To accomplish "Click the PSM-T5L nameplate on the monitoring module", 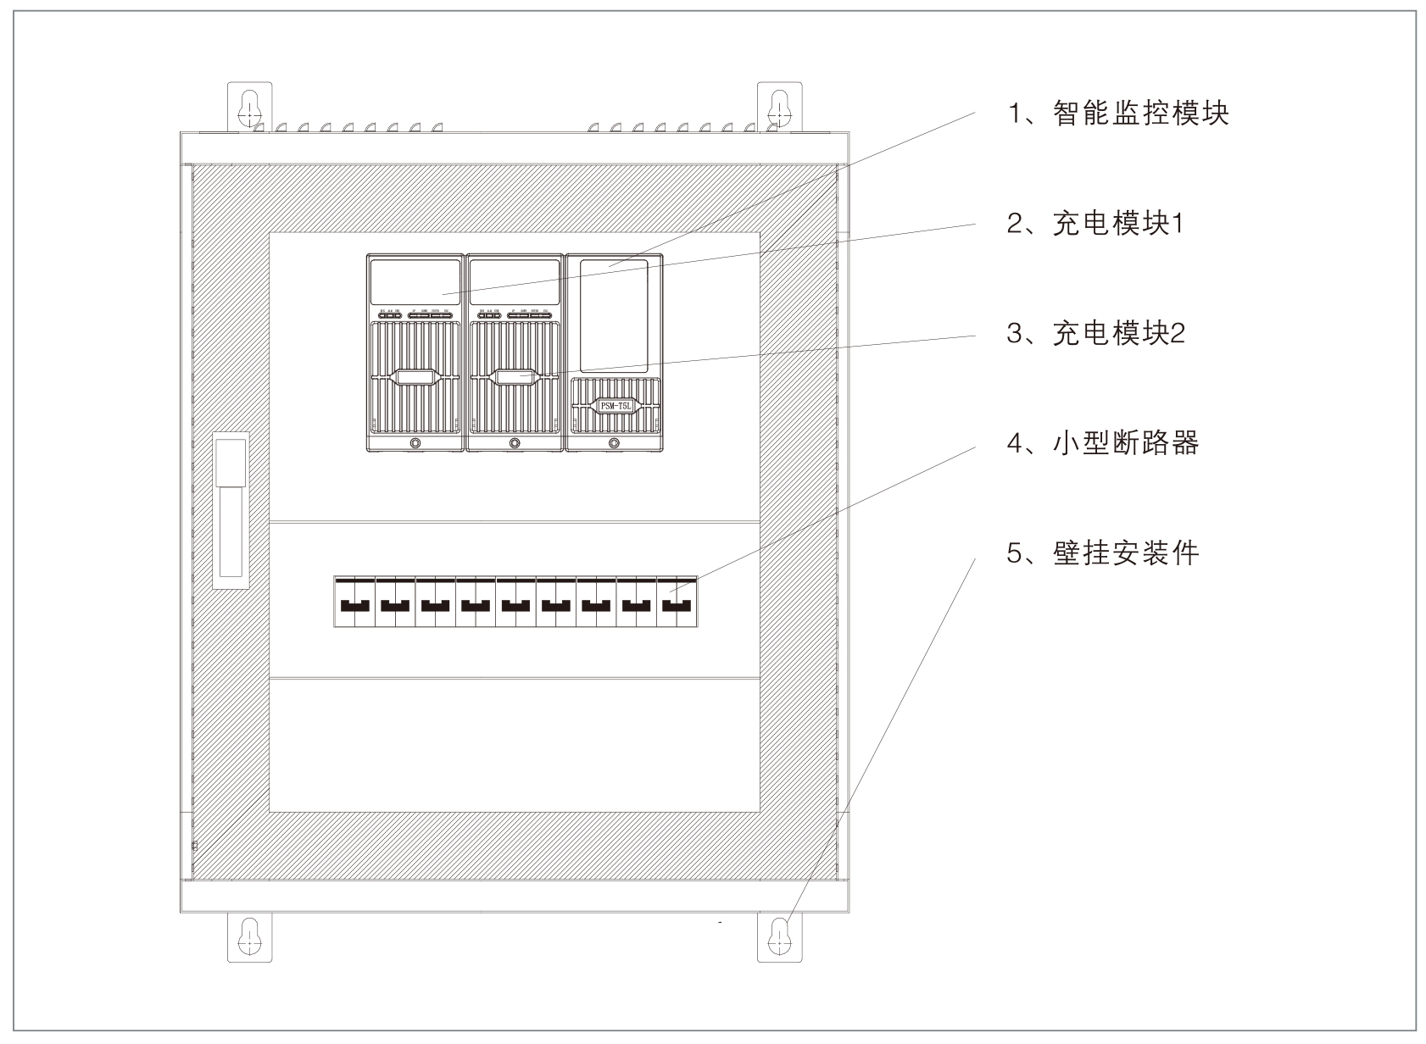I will point(615,406).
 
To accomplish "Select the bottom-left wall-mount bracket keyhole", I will point(249,936).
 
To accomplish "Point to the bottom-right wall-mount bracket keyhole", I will point(778,936).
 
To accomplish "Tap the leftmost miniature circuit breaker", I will point(354,603).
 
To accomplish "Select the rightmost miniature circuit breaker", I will point(677,603).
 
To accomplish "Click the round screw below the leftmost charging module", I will point(415,443).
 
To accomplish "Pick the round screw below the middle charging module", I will point(515,443).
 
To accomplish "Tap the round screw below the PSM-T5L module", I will point(614,443).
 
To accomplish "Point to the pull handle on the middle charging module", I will point(515,377).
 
